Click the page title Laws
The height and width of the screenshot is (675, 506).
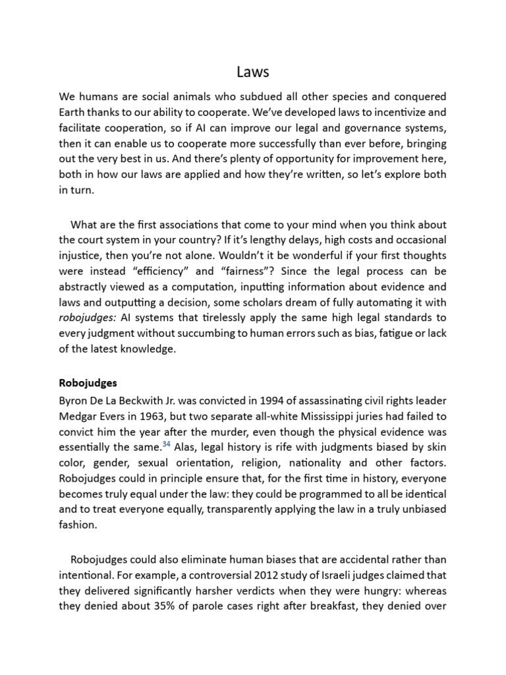coord(253,71)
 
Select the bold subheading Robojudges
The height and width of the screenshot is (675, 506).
coord(88,382)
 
